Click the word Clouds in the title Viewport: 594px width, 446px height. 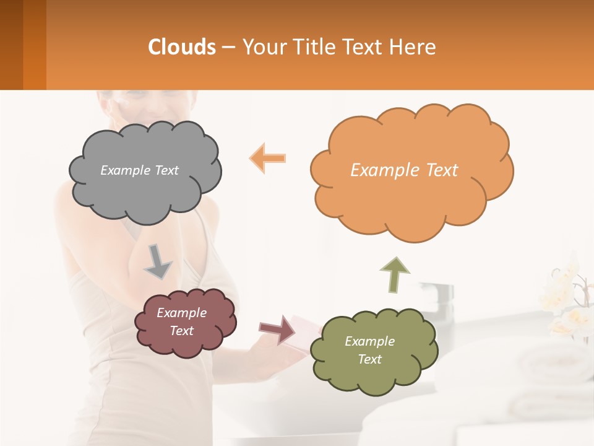point(182,47)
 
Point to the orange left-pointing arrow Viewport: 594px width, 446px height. point(268,159)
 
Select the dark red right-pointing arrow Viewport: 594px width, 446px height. point(277,329)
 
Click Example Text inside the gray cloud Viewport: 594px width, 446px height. point(139,170)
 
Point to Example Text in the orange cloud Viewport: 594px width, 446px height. point(404,170)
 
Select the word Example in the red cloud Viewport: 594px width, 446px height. point(181,313)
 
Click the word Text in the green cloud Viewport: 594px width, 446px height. point(369,359)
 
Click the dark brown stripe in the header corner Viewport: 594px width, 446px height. point(11,45)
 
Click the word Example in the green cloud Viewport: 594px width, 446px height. point(369,341)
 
